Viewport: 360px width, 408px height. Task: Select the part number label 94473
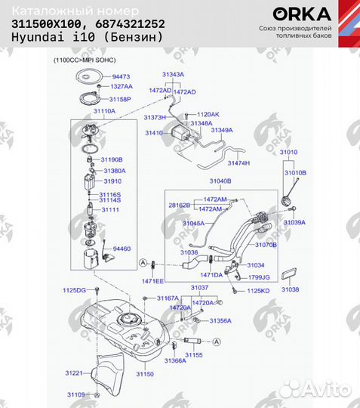(122, 77)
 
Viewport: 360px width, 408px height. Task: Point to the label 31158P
(122, 99)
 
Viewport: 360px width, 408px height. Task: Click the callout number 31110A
(104, 110)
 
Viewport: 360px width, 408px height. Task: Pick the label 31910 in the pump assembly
(112, 181)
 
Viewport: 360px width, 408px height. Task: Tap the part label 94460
(122, 248)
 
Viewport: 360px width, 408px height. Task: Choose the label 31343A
(173, 74)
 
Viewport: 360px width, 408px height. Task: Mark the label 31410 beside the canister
(154, 132)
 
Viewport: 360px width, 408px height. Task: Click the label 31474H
(238, 163)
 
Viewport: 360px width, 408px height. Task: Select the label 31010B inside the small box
(295, 172)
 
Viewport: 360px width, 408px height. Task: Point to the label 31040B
(220, 182)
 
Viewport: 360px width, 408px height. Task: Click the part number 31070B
(266, 245)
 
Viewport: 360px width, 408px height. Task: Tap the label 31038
(291, 289)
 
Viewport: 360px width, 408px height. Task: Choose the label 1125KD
(259, 290)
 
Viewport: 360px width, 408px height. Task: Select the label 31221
(73, 373)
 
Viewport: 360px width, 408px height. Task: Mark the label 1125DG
(74, 290)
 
